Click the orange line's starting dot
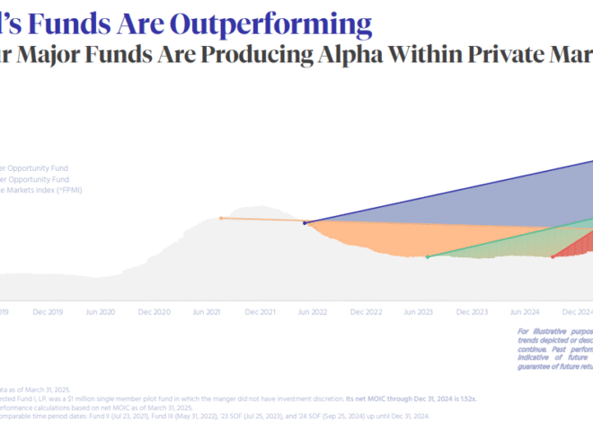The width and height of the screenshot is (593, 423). pos(221,218)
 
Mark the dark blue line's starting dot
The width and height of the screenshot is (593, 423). pos(305,222)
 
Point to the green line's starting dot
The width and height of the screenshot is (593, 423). pos(427,257)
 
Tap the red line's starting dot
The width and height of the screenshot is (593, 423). pos(552,256)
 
